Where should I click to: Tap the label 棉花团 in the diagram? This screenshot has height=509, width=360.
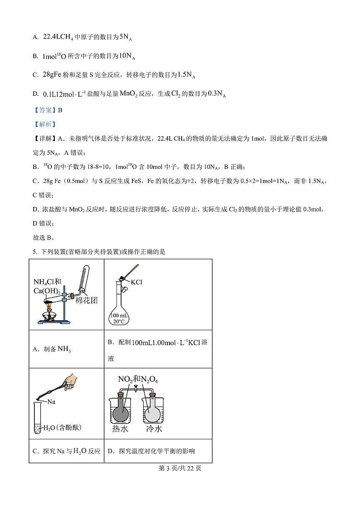[86, 300]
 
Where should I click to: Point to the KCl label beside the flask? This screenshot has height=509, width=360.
[136, 282]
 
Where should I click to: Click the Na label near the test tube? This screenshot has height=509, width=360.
[51, 402]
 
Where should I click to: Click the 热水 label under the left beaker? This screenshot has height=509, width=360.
[120, 429]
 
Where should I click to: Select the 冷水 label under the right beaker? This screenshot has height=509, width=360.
[154, 429]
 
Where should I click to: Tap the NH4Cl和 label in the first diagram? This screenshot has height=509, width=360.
[47, 282]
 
